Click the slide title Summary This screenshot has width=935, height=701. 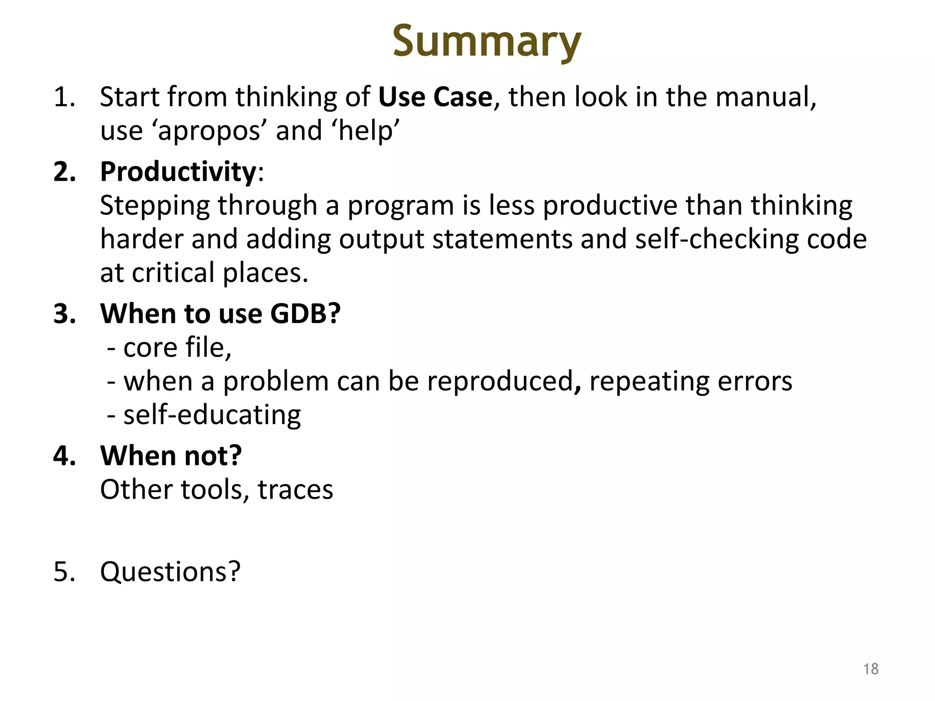point(487,42)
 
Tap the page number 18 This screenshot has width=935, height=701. point(871,669)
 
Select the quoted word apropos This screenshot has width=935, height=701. point(209,131)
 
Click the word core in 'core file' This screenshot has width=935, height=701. point(150,348)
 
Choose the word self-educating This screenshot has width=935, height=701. point(212,415)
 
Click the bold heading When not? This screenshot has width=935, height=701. point(171,455)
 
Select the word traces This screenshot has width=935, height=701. point(295,490)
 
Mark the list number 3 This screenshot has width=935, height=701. point(64,314)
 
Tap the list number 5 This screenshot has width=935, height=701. point(64,571)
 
